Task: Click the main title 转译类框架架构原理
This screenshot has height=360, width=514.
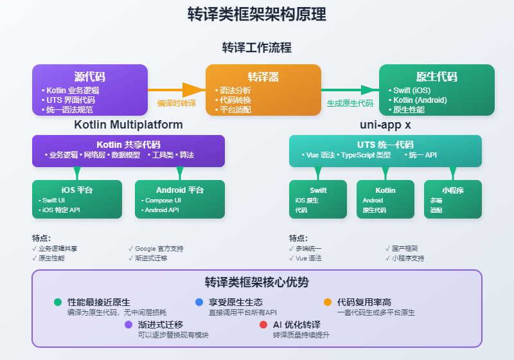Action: point(257,14)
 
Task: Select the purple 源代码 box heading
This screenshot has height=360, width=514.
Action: point(90,76)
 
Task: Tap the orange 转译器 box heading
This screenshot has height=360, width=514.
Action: point(263,76)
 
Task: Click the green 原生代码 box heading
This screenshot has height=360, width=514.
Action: point(437,76)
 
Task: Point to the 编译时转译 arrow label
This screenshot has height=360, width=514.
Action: point(177,103)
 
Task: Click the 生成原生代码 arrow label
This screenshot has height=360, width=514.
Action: point(350,103)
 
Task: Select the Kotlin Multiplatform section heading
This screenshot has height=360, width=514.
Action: point(128,124)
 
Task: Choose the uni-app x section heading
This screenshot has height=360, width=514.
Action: point(385,124)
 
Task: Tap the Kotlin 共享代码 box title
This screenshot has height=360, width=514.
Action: point(128,145)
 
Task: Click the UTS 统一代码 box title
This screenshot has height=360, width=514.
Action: point(385,145)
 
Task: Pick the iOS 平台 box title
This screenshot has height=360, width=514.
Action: point(77,190)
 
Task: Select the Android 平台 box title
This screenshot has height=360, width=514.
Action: point(180,190)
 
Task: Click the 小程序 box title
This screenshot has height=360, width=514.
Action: point(453,190)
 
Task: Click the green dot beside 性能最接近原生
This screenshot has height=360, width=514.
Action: point(58,302)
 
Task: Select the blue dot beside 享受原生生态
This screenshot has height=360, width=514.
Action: point(199,302)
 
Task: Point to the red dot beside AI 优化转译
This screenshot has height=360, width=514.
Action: point(263,325)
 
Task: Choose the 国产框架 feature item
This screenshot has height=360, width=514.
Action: point(405,248)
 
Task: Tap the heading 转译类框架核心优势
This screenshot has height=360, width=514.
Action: point(257,282)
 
